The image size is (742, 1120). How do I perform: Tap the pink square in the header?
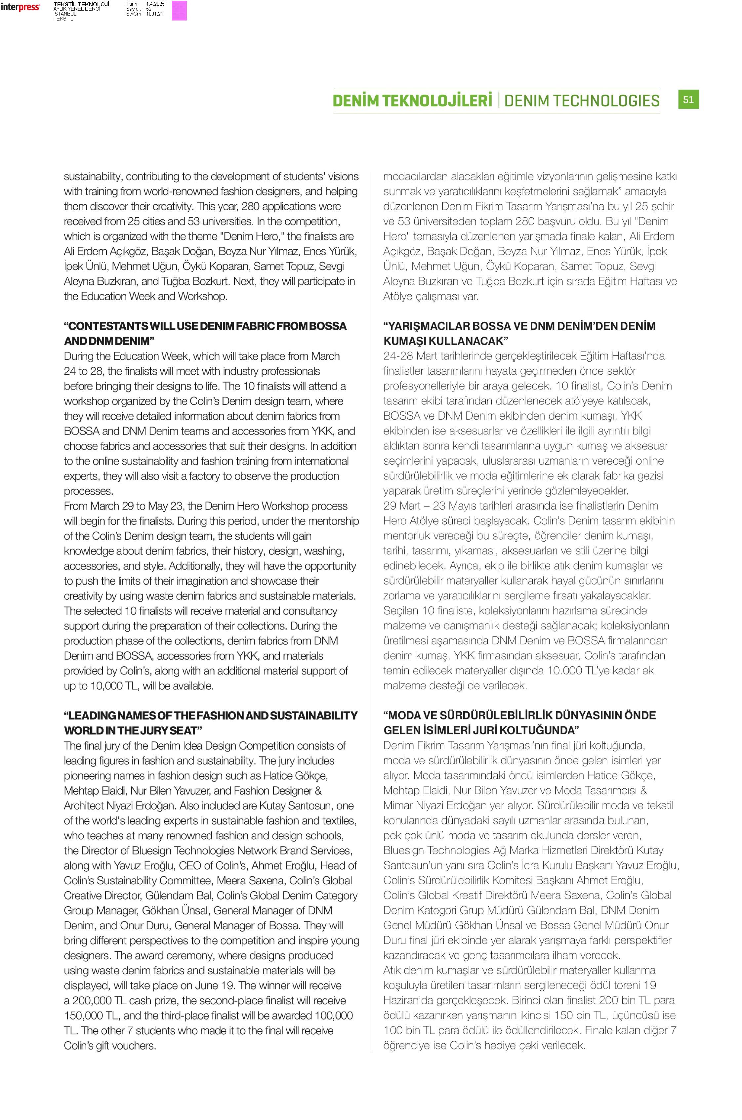[179, 10]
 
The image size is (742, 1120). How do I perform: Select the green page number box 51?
[688, 99]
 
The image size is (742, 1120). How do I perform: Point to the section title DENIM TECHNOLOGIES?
[582, 101]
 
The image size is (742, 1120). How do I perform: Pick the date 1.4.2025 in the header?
[155, 4]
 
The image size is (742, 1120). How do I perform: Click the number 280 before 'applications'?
[250, 206]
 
